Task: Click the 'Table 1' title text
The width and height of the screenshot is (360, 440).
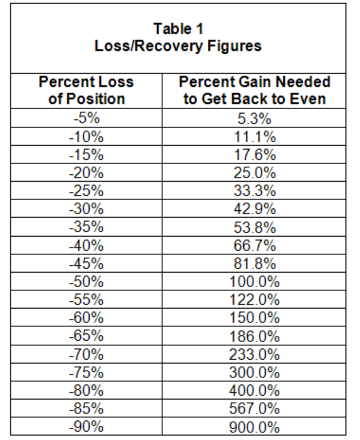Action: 178,29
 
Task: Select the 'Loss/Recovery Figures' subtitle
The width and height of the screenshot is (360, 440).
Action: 178,45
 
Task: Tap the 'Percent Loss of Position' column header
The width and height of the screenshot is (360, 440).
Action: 86,90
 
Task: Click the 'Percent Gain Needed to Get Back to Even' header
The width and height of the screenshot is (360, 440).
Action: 255,90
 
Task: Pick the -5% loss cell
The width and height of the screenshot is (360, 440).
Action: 87,118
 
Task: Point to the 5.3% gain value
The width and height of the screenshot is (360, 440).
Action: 255,119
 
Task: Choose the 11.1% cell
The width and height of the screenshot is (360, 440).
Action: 255,137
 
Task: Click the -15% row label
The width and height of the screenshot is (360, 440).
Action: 87,155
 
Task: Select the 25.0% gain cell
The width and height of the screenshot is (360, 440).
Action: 255,172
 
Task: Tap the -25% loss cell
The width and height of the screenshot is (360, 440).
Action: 87,191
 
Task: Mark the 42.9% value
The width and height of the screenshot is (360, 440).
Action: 255,209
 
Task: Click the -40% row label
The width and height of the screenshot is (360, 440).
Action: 87,246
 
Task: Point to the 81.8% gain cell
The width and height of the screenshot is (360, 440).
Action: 255,263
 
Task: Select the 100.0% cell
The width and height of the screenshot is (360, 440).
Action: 255,282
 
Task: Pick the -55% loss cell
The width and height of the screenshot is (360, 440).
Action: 87,300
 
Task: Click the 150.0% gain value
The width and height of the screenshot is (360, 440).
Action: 255,318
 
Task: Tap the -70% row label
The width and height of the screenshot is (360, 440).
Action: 87,354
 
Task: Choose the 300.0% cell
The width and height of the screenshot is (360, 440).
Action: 255,372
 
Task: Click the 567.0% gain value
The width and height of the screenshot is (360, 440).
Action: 255,408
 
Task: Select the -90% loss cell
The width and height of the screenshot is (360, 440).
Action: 87,427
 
